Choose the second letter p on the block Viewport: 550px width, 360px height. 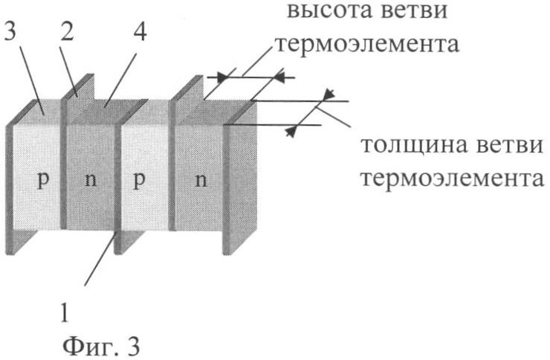click(138, 181)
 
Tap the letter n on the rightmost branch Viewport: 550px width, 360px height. click(201, 181)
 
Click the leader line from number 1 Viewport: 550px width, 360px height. click(100, 261)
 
